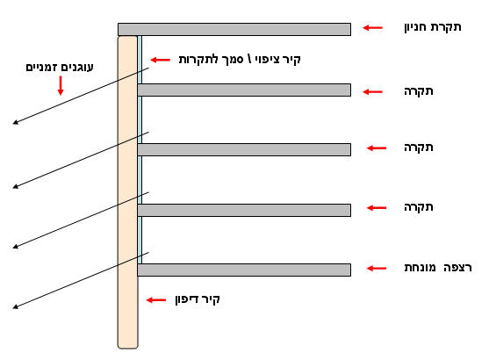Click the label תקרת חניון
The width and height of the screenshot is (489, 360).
pyautogui.click(x=433, y=27)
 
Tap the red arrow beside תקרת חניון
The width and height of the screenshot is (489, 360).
pyautogui.click(x=372, y=28)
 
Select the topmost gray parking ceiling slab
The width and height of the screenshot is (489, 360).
pyautogui.click(x=234, y=29)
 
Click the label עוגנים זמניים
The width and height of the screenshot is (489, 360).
pyautogui.click(x=60, y=67)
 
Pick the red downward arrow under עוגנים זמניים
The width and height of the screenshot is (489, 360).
pyautogui.click(x=61, y=85)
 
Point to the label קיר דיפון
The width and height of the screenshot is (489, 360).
pyautogui.click(x=198, y=299)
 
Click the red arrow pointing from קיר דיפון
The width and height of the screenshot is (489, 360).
pyautogui.click(x=156, y=300)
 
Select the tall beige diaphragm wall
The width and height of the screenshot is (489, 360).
pyautogui.click(x=127, y=192)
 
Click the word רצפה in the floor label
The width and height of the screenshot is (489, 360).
pyautogui.click(x=457, y=268)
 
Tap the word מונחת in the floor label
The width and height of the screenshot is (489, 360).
pyautogui.click(x=420, y=268)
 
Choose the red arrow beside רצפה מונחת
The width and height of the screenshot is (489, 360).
pyautogui.click(x=377, y=269)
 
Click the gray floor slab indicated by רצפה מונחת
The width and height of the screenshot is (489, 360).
pyautogui.click(x=244, y=270)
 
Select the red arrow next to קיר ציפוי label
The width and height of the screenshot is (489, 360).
pyautogui.click(x=161, y=60)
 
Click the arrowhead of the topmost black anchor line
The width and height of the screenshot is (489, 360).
pyautogui.click(x=16, y=122)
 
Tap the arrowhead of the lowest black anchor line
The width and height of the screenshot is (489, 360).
pyautogui.click(x=16, y=307)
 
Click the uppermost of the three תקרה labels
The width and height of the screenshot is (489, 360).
pyautogui.click(x=419, y=91)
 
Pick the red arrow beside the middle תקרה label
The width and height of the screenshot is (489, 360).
pyautogui.click(x=377, y=148)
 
